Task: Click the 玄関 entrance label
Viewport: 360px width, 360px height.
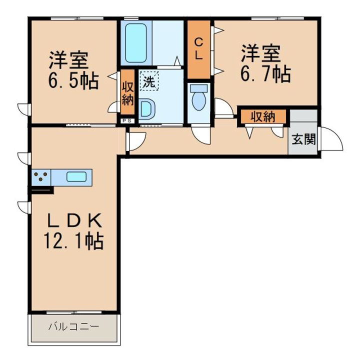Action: tap(303, 139)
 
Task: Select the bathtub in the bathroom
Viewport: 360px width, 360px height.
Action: tap(135, 42)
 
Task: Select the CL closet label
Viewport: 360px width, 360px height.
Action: tap(198, 48)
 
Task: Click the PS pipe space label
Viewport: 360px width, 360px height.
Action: tap(126, 120)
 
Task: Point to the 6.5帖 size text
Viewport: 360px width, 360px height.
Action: tap(73, 80)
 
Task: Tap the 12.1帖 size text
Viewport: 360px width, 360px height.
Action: tap(73, 241)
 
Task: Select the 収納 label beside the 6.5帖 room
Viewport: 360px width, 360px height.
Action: tap(127, 93)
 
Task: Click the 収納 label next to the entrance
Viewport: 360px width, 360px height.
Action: tap(262, 117)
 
